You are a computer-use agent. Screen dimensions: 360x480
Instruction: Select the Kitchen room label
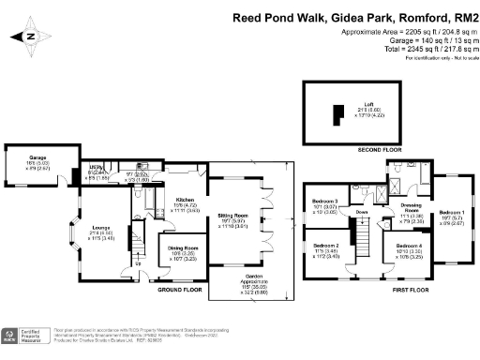[184, 199]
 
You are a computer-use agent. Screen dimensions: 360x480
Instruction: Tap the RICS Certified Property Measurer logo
[26, 337]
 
